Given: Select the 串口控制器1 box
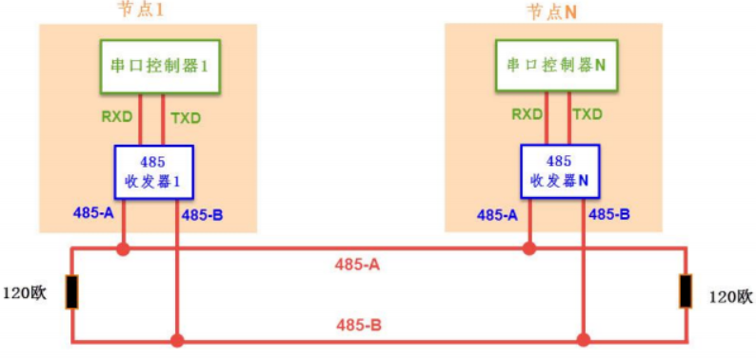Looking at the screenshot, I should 160,67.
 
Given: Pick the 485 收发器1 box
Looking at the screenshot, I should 153,171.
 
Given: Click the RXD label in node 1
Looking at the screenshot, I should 118,118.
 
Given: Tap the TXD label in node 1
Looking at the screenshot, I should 186,118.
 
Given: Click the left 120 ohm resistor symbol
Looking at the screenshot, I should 71,292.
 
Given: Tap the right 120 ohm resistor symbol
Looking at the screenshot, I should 685,292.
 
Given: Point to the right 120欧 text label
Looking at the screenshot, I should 730,297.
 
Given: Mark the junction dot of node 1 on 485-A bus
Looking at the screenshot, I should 122,250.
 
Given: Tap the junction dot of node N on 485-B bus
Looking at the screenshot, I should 583,339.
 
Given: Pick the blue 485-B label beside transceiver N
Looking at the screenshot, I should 609,214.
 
